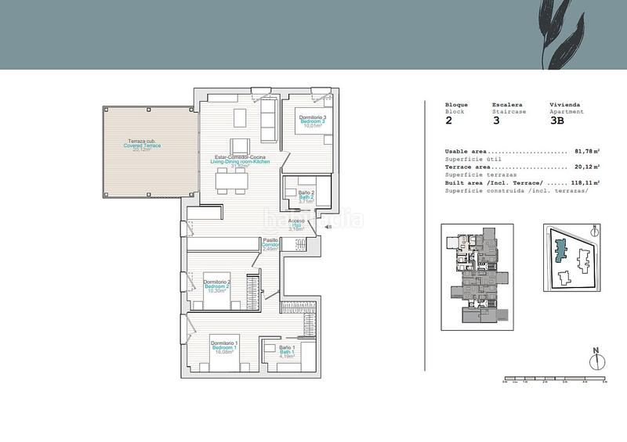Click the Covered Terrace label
coord(142,146)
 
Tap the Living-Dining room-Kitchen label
coord(245,161)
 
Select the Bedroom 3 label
coord(312,121)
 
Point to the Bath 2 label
coord(306,196)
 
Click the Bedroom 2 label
coord(217,286)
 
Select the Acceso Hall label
coord(296,225)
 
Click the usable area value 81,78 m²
coord(586,152)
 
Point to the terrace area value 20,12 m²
coord(586,167)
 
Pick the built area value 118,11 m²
coord(585,182)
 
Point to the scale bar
coord(554,379)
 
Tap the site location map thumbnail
coord(571,259)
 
